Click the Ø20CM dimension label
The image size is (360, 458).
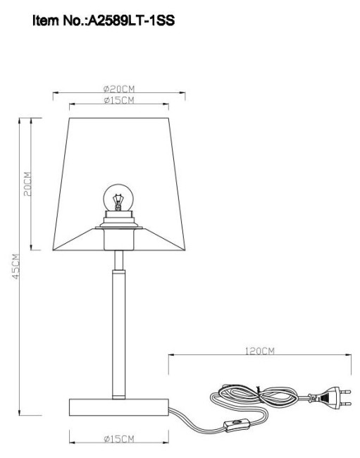[118, 89]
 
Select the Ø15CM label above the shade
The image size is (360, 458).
[118, 101]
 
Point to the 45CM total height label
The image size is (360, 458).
[15, 267]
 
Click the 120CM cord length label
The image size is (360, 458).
[260, 350]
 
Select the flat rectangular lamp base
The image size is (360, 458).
[118, 407]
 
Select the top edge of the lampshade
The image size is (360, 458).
[118, 118]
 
